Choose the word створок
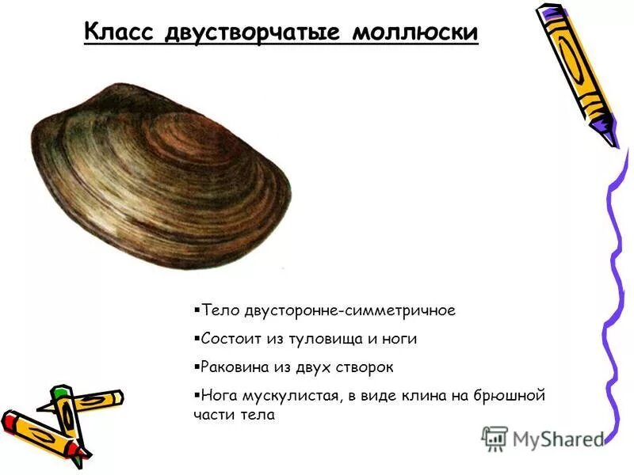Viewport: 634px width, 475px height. point(365,367)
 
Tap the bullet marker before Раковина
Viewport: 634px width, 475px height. point(196,367)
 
